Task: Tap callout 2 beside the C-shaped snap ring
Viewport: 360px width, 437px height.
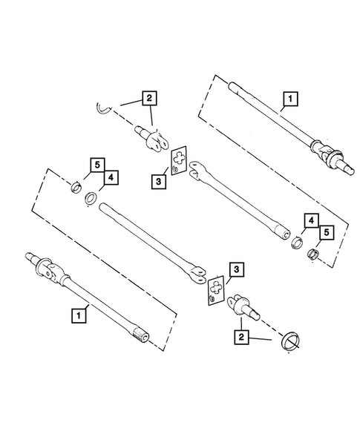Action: coord(150,97)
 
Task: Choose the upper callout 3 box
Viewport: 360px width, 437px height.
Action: coord(160,180)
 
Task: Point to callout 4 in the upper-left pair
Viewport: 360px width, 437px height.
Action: coord(108,178)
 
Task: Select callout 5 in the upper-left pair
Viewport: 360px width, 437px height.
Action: coord(95,162)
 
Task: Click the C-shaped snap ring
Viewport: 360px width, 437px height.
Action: coord(105,109)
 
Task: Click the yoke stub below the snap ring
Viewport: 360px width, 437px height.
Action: coord(152,138)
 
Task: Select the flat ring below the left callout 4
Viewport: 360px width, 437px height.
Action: coord(91,199)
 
